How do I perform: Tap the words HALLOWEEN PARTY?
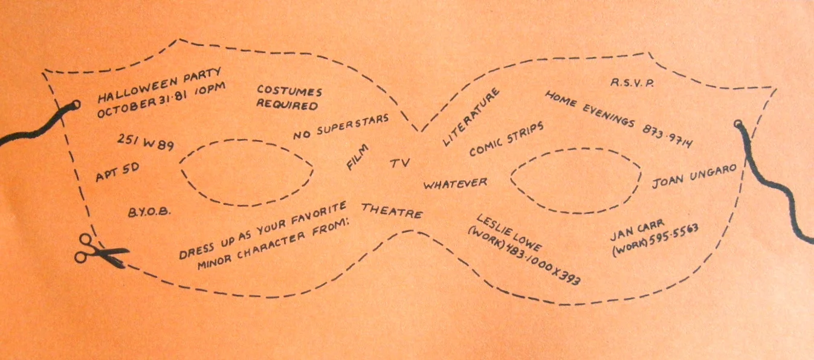pyautogui.click(x=161, y=86)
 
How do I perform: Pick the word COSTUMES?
pyautogui.click(x=289, y=91)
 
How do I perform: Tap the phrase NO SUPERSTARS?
pyautogui.click(x=341, y=126)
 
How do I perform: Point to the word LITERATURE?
pyautogui.click(x=471, y=117)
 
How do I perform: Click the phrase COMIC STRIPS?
pyautogui.click(x=507, y=139)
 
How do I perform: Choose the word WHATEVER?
pyautogui.click(x=455, y=182)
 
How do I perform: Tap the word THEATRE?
pyautogui.click(x=392, y=211)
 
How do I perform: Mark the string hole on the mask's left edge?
pyautogui.click(x=76, y=105)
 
